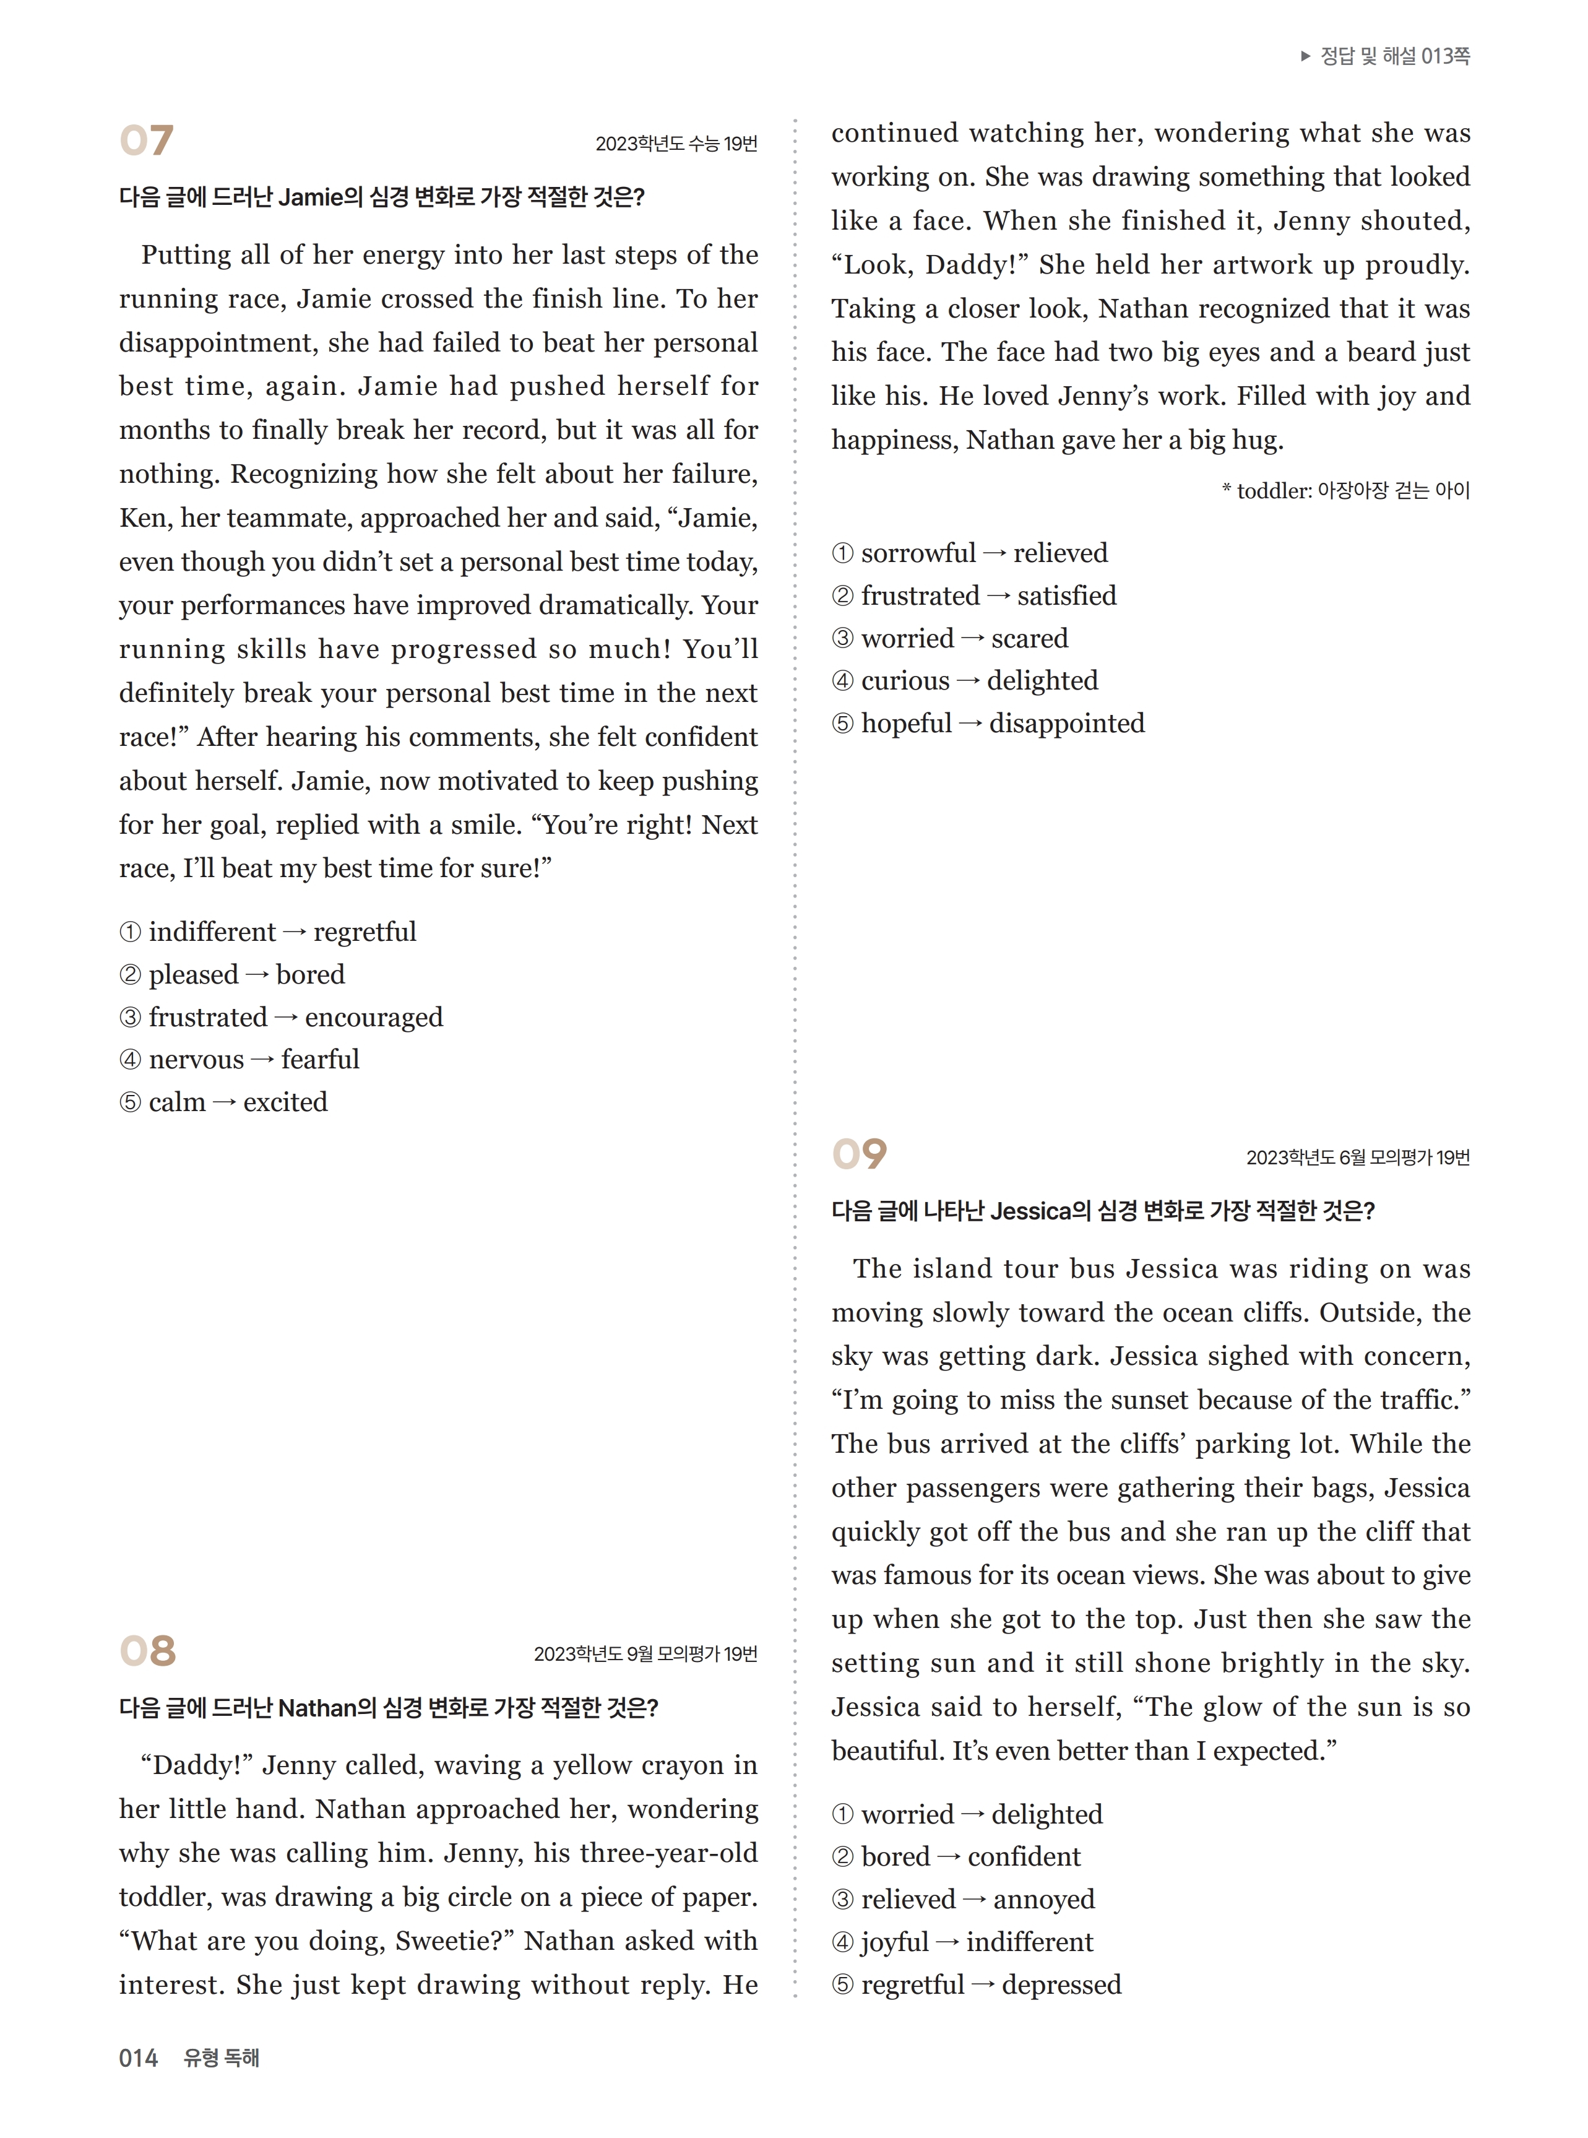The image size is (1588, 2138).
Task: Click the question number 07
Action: coord(146,141)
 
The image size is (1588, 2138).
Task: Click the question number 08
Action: coord(147,1651)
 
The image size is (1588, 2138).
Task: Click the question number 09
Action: coord(858,1154)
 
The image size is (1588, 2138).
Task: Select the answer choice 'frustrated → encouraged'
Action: coord(281,1017)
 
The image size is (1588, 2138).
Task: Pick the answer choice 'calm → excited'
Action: coord(223,1102)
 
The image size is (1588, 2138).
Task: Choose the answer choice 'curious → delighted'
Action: coord(964,681)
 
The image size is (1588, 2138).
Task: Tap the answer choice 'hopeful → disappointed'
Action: coord(988,723)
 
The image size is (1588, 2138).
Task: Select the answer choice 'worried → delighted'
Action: coord(967,1814)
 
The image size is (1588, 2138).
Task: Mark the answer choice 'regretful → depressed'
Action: coord(977,1984)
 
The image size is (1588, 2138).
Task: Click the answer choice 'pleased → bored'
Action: coord(231,975)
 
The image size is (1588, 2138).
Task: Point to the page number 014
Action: coord(139,2058)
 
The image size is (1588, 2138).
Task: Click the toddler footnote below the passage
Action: coord(1346,491)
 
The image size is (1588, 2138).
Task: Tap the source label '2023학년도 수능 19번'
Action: coord(676,144)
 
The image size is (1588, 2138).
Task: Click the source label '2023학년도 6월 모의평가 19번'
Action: coord(1357,1158)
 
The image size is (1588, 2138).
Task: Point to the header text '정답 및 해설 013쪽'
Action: coord(1394,56)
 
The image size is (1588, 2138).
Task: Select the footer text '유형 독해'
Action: coord(221,2058)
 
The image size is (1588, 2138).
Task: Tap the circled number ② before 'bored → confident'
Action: coord(842,1858)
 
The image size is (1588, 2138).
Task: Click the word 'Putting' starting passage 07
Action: coord(184,256)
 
